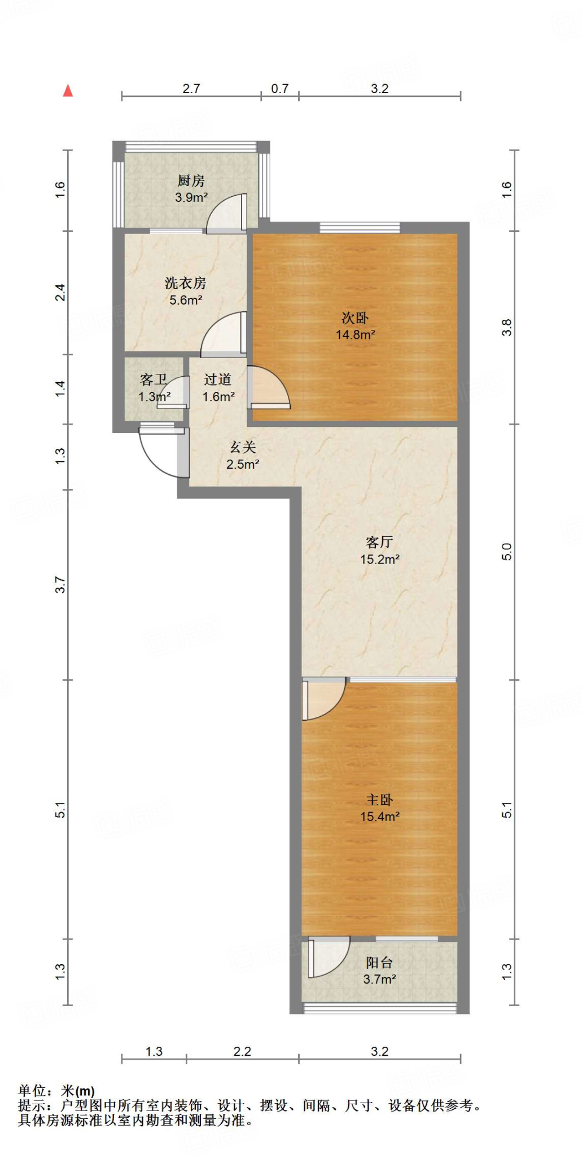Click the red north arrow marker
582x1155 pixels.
(68, 90)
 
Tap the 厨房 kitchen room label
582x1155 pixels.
(191, 180)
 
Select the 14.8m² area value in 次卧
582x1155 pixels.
(356, 334)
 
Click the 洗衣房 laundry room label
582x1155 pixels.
(185, 283)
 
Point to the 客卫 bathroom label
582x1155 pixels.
(153, 380)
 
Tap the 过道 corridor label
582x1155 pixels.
(218, 380)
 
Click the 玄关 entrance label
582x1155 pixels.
(243, 447)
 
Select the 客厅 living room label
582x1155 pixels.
(379, 542)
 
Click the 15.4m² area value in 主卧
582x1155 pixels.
(380, 816)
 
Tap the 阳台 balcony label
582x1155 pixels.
(379, 963)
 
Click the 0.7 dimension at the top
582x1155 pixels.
(279, 89)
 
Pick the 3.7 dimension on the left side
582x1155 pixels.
(60, 585)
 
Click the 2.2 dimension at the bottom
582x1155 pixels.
(242, 1051)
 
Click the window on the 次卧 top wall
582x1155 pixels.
(360, 228)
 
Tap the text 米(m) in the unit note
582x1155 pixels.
(78, 1091)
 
